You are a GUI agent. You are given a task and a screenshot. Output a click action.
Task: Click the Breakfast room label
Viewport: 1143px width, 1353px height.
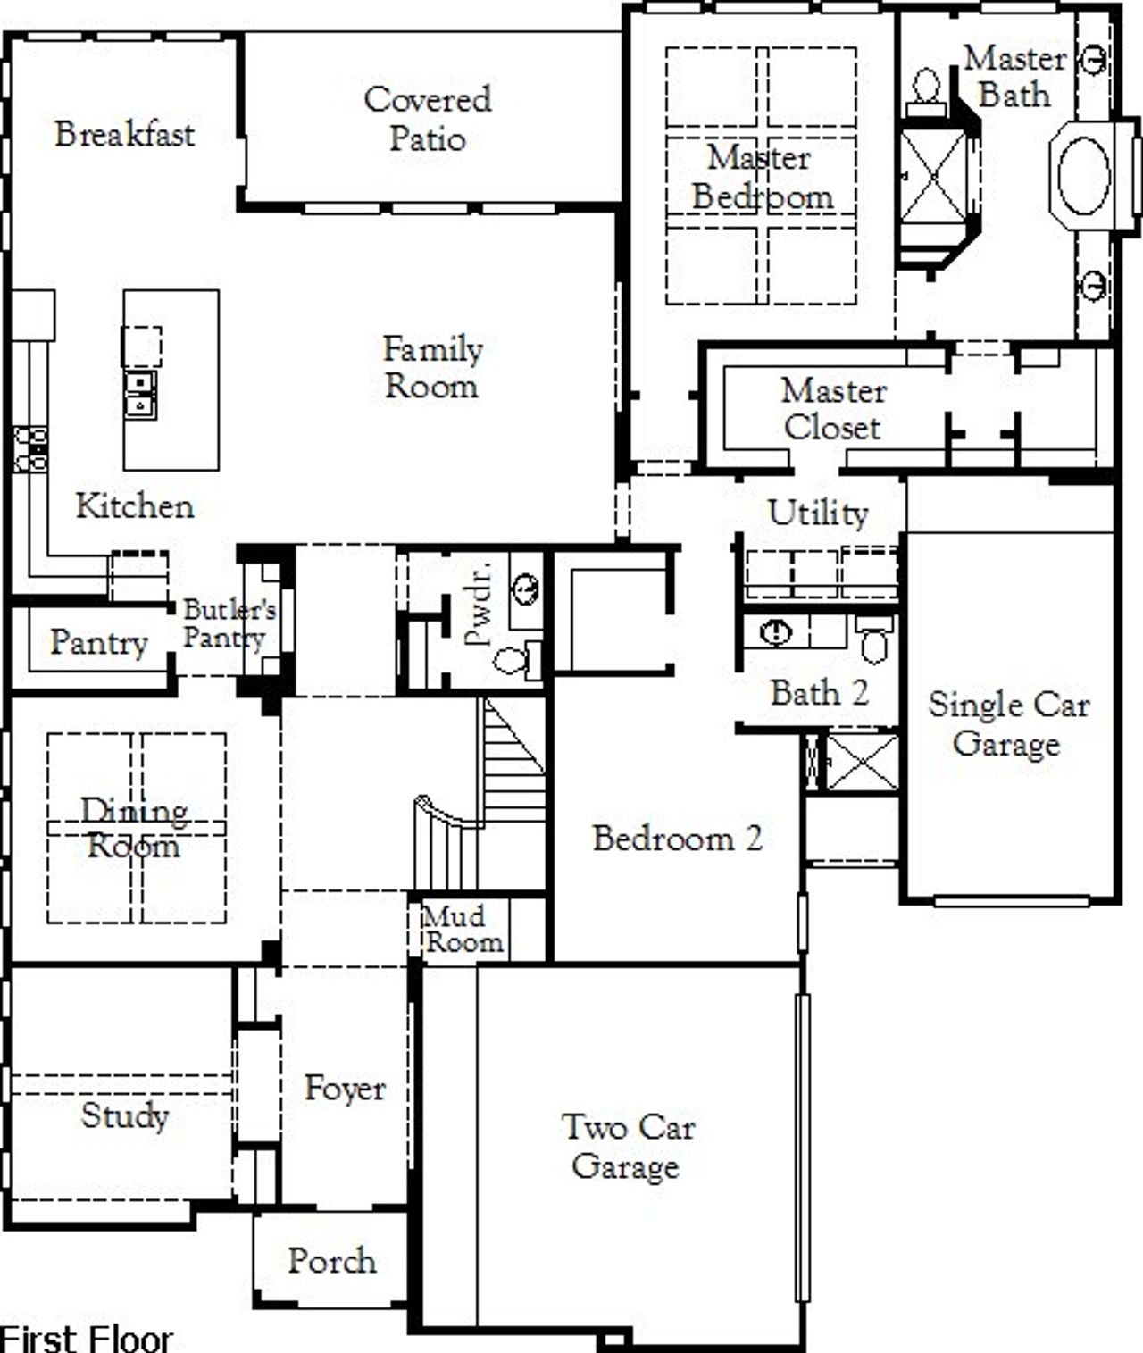(124, 134)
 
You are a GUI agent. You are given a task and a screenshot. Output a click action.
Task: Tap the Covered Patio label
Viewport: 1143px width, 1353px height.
(428, 119)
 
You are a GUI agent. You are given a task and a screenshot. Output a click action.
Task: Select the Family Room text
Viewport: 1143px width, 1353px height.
(432, 367)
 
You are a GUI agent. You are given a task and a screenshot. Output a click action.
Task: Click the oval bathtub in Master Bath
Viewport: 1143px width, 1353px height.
(1083, 175)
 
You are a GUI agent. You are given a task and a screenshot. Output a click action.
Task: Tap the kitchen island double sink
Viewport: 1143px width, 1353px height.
(139, 394)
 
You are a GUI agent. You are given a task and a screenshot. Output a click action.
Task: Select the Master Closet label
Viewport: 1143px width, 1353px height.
(833, 409)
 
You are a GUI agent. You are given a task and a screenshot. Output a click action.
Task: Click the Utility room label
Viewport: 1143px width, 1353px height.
(817, 513)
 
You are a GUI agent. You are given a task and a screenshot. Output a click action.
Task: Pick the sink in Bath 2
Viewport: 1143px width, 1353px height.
(777, 632)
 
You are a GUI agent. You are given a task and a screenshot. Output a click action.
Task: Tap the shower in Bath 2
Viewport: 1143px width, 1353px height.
(862, 762)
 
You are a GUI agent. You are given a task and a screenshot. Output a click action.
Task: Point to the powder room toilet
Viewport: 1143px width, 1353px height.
(514, 661)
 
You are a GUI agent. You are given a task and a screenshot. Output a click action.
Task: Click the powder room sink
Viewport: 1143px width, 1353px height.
(526, 589)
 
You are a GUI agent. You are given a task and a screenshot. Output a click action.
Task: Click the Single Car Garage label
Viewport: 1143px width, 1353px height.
(1008, 724)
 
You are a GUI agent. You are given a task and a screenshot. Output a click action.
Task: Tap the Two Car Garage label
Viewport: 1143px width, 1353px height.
(628, 1147)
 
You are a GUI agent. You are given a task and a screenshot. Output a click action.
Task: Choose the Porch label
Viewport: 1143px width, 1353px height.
(331, 1261)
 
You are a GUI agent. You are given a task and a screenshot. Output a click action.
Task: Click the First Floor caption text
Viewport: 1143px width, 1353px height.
(87, 1338)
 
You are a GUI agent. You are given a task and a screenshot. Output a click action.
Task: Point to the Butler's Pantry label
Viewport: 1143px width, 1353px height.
(229, 623)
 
